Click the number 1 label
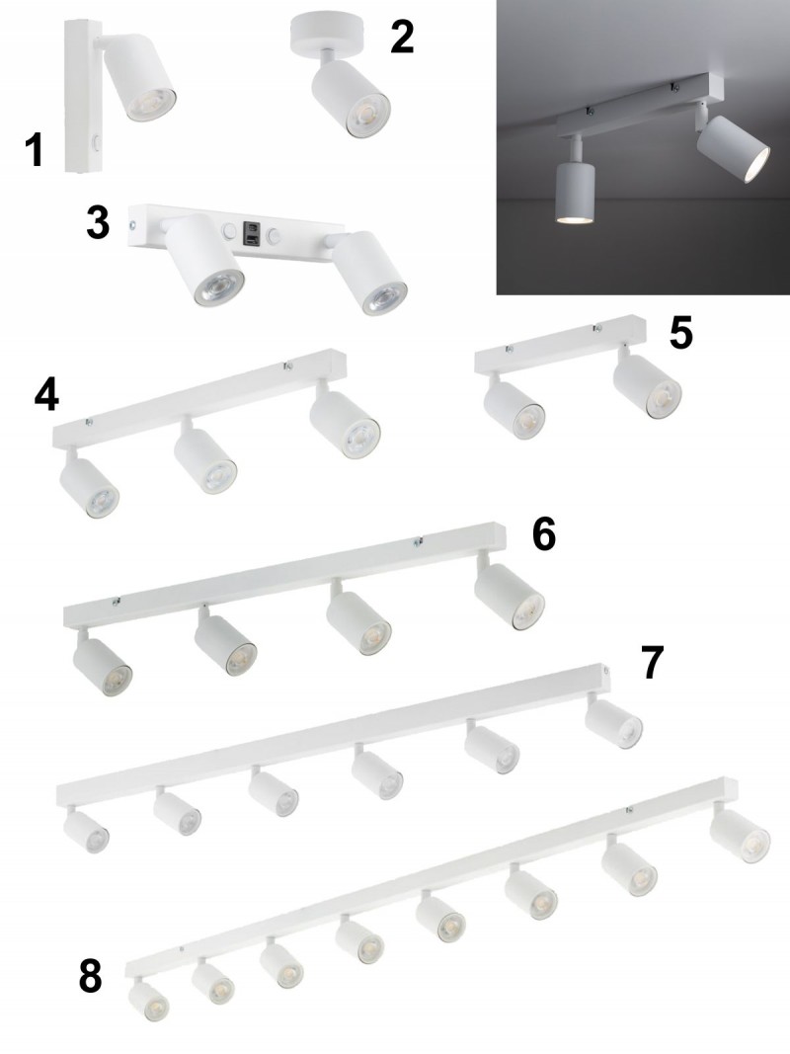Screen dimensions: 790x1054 tap(35, 150)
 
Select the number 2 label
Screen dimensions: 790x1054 tap(402, 37)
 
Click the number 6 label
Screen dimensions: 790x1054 tap(544, 535)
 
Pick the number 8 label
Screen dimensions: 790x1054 tap(91, 976)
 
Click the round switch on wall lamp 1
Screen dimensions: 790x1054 tap(97, 142)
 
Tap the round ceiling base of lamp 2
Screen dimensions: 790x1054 tap(327, 34)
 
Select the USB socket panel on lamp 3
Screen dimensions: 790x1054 tap(251, 234)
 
